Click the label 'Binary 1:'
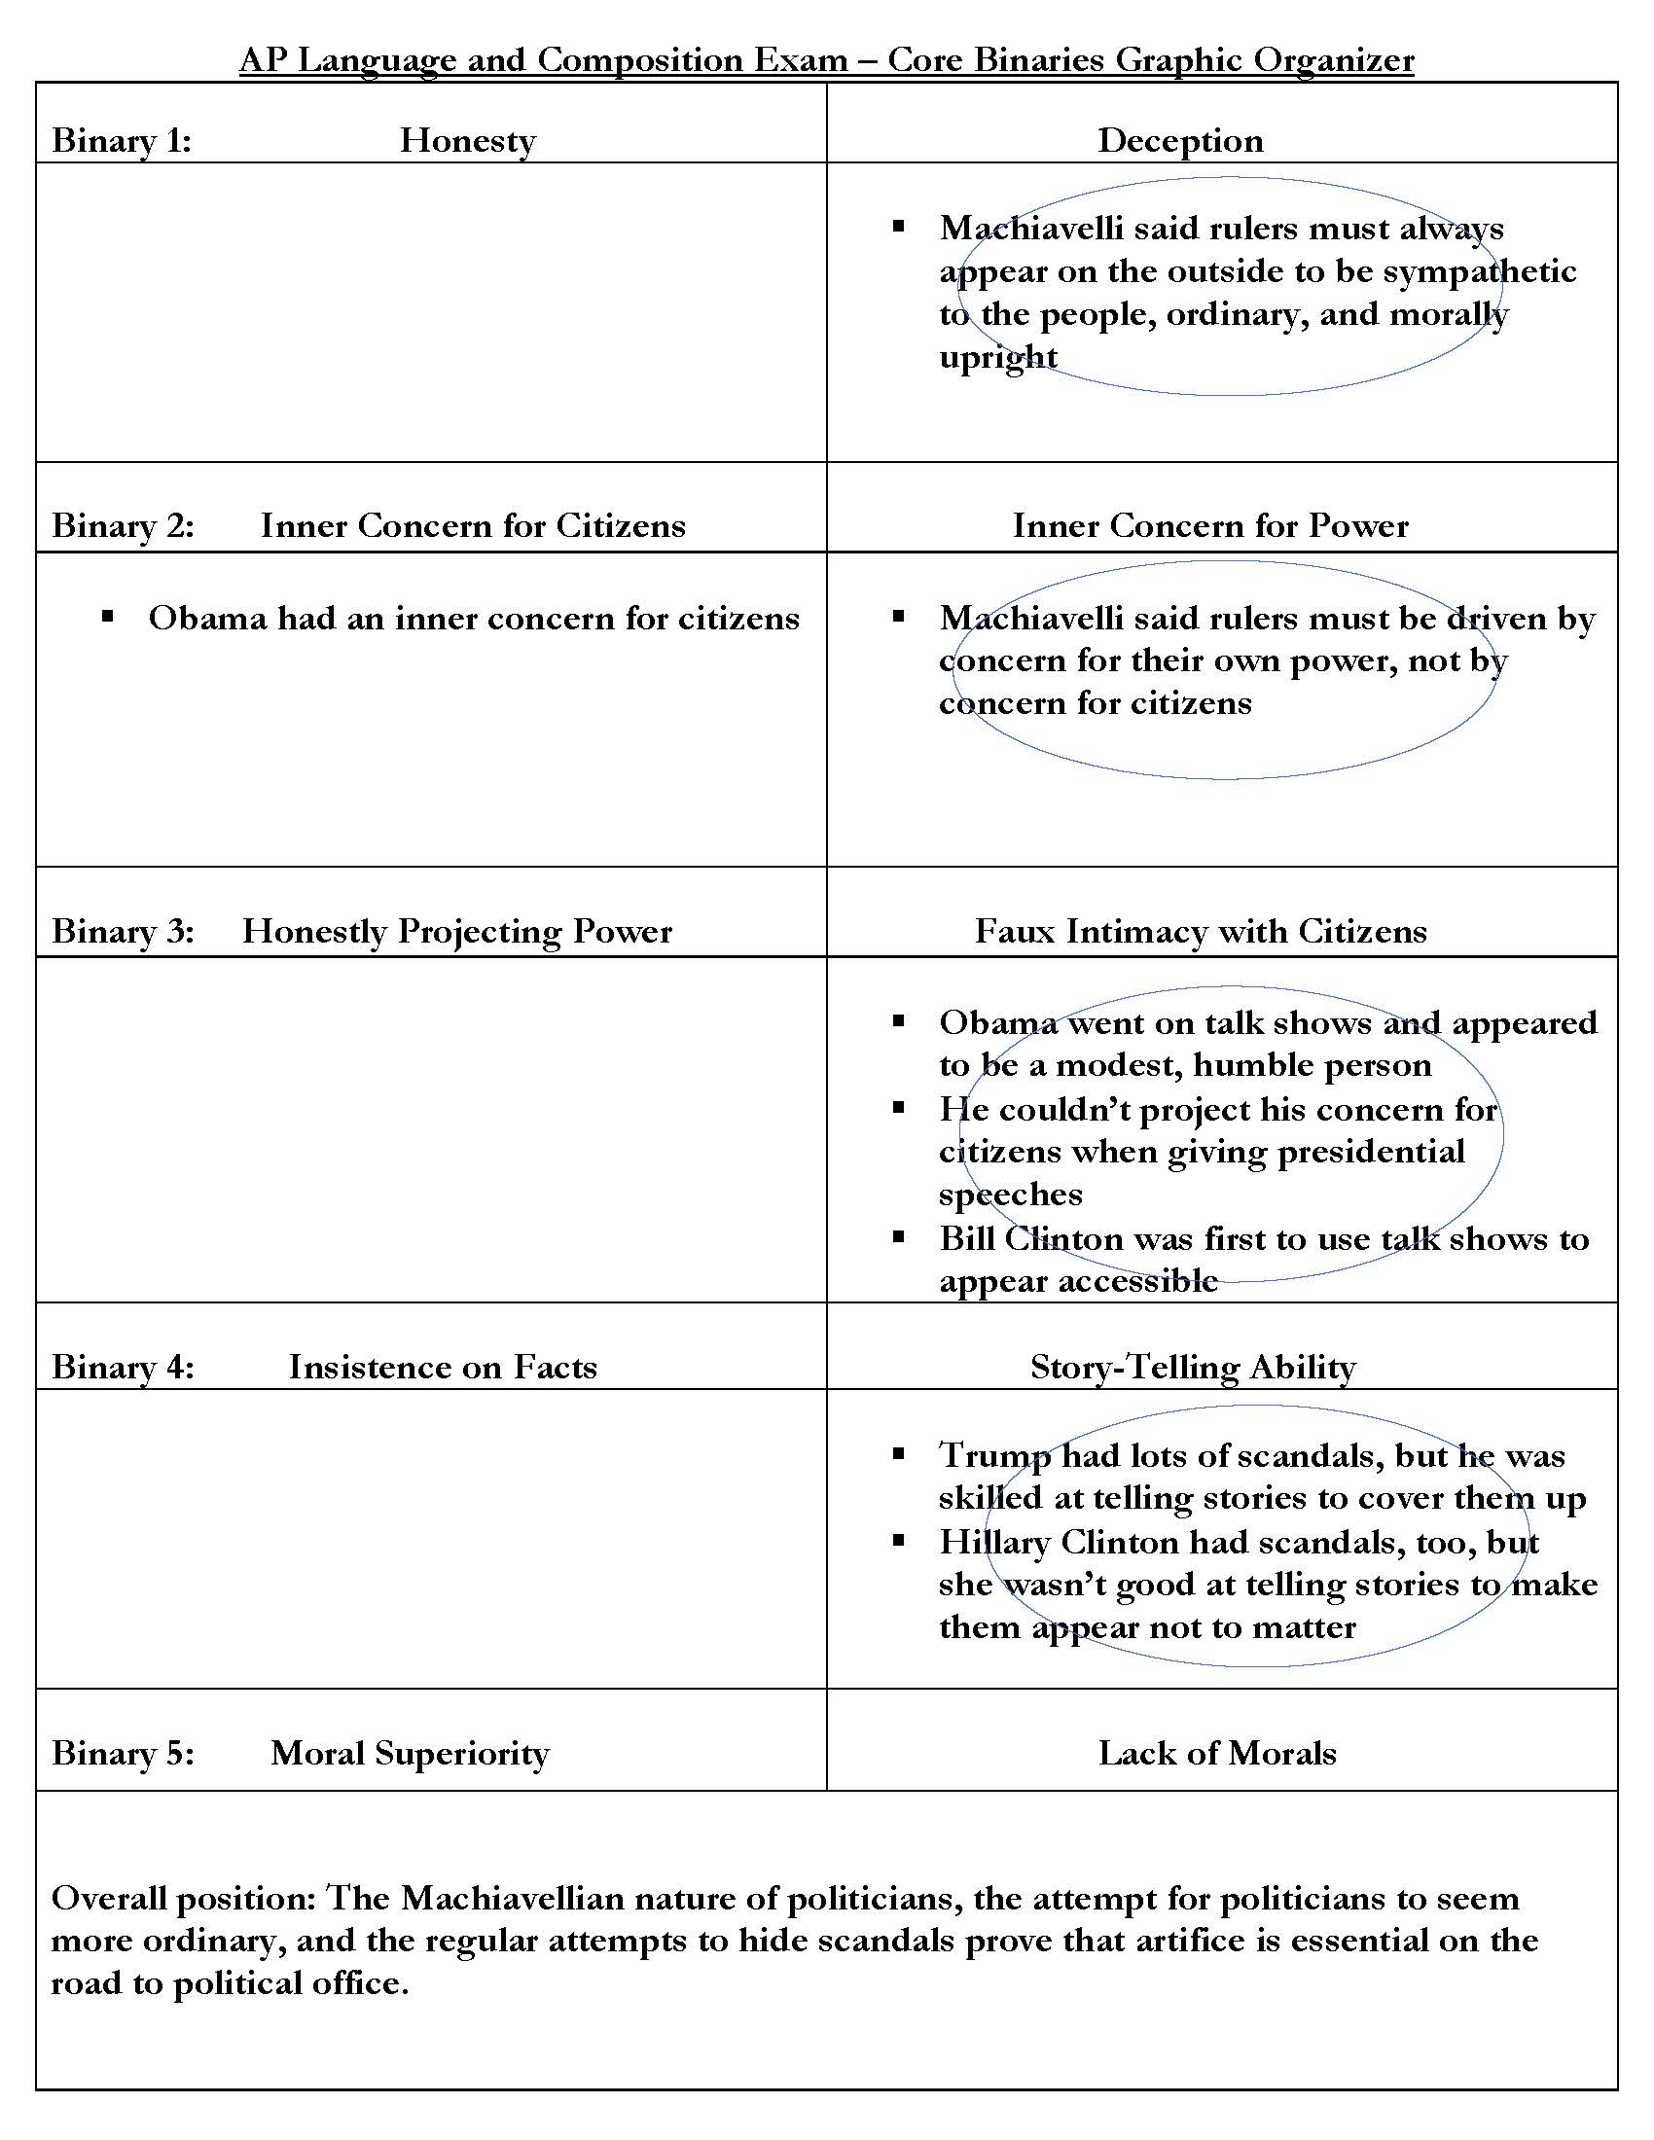[x=121, y=141]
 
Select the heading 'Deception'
[x=1180, y=141]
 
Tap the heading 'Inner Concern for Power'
[x=1210, y=526]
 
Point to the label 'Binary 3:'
[x=123, y=931]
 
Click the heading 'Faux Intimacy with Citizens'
[x=1201, y=931]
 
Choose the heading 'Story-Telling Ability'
[x=1193, y=1367]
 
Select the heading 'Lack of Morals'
[x=1217, y=1753]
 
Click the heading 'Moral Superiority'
[x=410, y=1753]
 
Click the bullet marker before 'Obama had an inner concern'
[x=108, y=617]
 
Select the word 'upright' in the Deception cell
[x=997, y=358]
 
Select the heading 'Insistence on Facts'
[x=443, y=1367]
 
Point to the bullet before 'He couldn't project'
[x=899, y=1107]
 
